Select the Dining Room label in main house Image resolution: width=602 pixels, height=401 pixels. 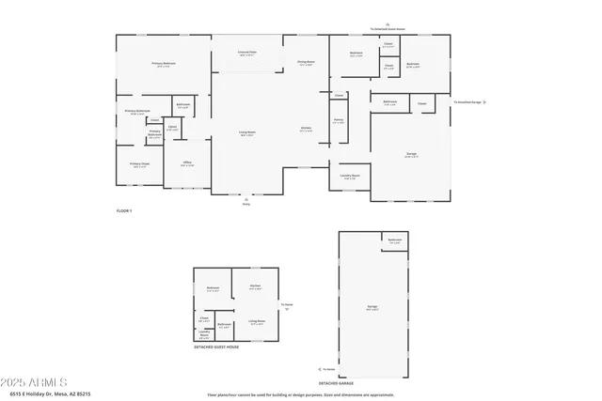[x=306, y=64]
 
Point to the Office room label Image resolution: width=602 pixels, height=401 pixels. [x=186, y=164]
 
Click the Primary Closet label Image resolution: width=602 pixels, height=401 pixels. [x=139, y=164]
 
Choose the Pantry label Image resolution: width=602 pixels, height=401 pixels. [x=339, y=121]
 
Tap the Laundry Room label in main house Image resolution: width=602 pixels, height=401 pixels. [x=349, y=176]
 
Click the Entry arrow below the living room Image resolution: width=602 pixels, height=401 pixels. [x=246, y=200]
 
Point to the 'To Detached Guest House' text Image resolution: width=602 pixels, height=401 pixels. [x=387, y=29]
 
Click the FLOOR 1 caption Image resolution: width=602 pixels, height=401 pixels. [x=124, y=211]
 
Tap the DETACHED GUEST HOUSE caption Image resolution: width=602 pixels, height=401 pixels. [x=216, y=347]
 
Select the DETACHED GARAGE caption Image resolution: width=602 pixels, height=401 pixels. [x=335, y=383]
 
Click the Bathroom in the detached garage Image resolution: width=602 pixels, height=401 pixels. [x=395, y=240]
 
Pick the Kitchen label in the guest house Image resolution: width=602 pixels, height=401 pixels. [x=255, y=287]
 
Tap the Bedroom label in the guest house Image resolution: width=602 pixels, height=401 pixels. [x=213, y=288]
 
